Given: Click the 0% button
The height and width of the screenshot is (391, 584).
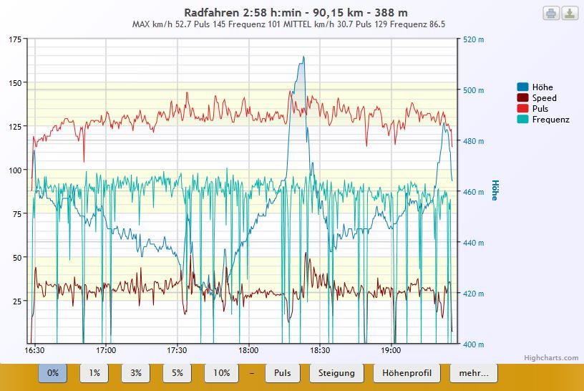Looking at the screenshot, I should coord(53,373).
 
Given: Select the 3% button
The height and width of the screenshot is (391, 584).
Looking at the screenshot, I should coord(136,373).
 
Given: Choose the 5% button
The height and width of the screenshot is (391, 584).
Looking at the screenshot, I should coord(177,373).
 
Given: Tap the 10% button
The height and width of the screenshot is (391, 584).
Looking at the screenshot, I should coord(221,373).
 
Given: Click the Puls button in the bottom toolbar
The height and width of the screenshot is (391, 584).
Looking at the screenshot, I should coord(283,373).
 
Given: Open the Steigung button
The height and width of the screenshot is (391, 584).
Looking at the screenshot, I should coord(337,373).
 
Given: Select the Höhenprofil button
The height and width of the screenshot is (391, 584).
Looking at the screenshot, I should coord(407,373).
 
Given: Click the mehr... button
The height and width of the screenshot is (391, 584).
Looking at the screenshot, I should coord(473,373).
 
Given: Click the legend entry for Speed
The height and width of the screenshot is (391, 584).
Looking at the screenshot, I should coord(544,98).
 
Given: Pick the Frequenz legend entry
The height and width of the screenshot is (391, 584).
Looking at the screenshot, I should coord(550,120).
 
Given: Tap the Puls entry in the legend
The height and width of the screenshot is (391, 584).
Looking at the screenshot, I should coord(540,109).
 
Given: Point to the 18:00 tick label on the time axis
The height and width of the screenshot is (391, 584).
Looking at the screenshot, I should coord(248,351).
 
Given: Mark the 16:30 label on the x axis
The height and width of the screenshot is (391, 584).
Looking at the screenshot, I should coord(34,351).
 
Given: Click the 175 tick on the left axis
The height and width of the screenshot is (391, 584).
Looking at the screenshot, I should coord(15,39).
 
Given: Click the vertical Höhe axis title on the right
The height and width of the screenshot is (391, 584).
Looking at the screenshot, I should coord(494,190).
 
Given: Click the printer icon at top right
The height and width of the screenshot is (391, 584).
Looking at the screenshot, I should coord(551,13).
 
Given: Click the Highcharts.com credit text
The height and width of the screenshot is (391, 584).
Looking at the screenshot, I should coord(561,358).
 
